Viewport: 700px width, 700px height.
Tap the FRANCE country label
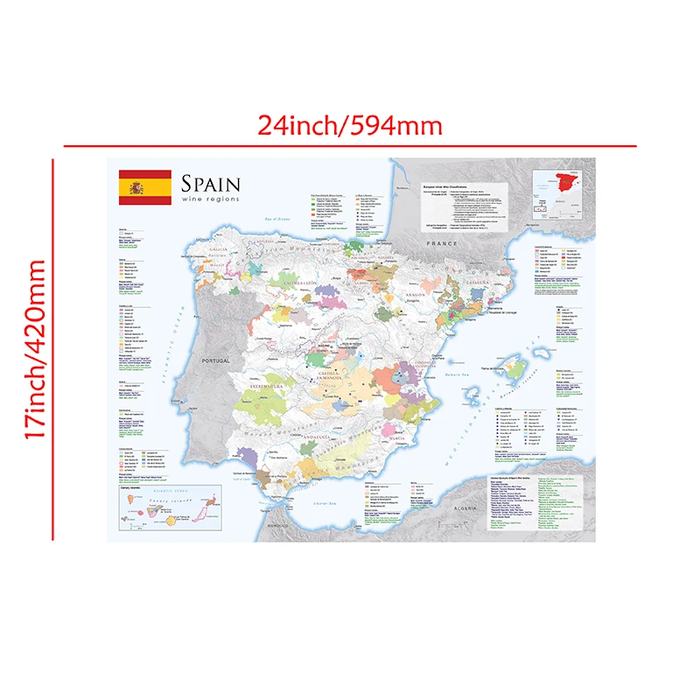437,244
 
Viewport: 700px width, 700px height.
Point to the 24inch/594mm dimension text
350,125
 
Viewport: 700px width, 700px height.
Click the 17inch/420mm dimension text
35,348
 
